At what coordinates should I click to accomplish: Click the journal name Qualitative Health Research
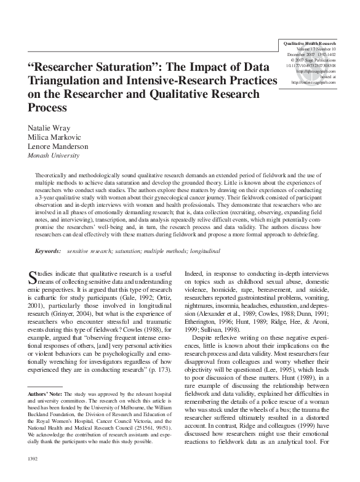click(310, 44)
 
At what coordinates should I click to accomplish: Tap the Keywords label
click(47, 251)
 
